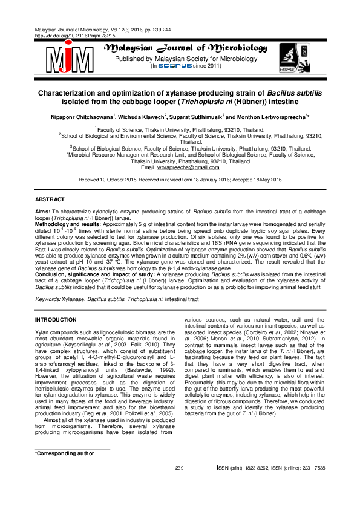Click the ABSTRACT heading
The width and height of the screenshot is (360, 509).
click(50, 199)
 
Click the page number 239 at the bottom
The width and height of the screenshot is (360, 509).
click(179, 484)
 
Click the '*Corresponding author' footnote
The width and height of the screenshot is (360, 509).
click(64, 470)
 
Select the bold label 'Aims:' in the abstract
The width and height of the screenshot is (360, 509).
click(43, 211)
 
